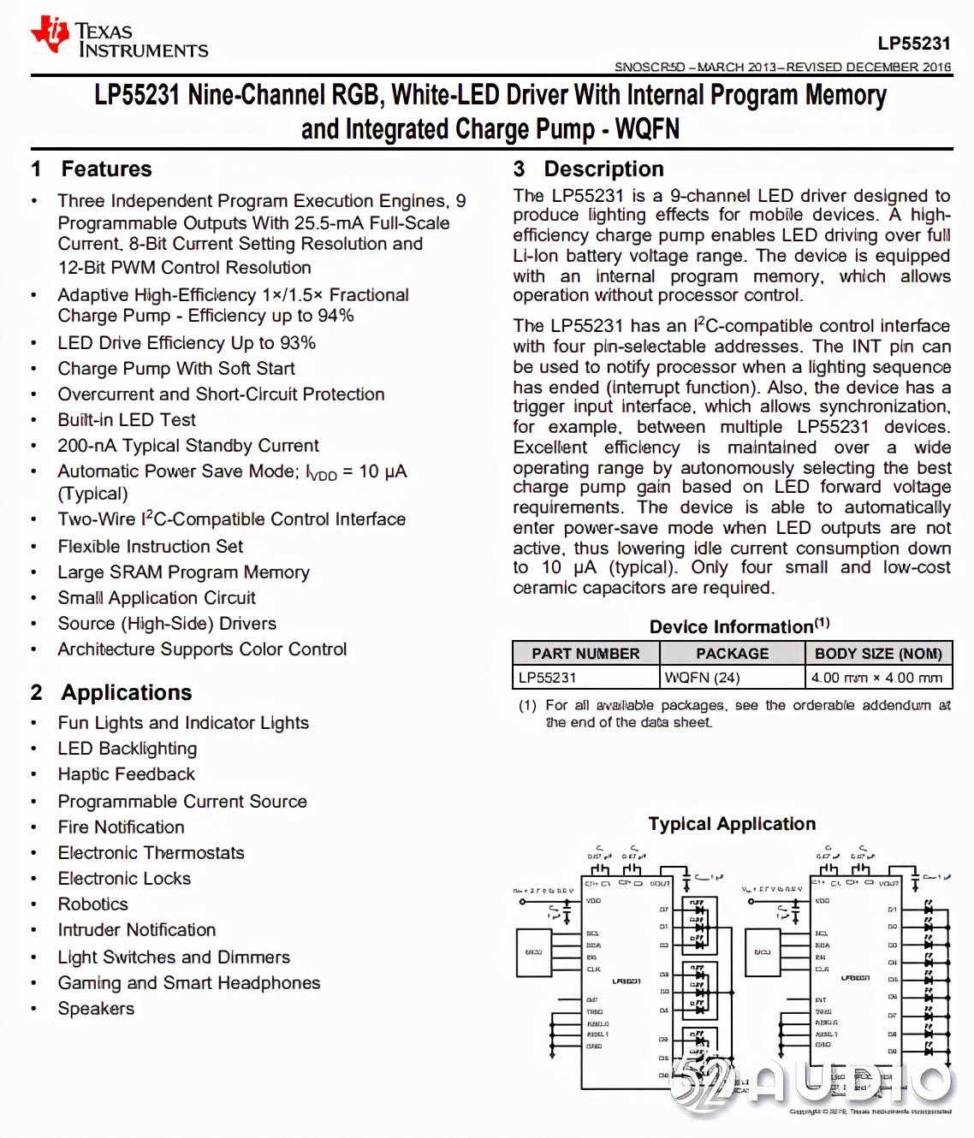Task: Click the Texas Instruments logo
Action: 120,39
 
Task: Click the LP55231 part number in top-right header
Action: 913,44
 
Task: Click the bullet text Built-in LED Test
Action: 127,420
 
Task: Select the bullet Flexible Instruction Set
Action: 151,547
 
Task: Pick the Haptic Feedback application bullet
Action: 127,774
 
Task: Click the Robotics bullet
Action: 92,904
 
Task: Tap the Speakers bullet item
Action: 96,1009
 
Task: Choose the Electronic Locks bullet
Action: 124,879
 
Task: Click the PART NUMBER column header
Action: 585,654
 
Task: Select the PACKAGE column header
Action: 732,654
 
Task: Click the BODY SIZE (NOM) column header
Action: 878,654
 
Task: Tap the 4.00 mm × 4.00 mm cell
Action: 876,678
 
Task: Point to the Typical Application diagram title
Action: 732,824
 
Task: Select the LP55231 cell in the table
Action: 548,678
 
